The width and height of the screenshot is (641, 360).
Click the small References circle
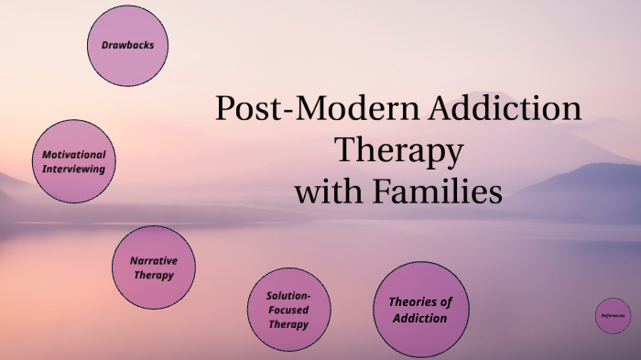[x=614, y=316]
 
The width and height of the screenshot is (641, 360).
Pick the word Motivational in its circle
[x=74, y=155]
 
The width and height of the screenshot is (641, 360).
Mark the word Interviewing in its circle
[x=74, y=169]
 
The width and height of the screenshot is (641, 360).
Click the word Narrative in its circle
[x=154, y=260]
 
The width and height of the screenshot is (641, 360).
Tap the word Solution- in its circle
[x=288, y=296]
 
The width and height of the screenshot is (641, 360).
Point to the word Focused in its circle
[x=288, y=310]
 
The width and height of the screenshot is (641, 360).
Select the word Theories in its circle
[x=420, y=302]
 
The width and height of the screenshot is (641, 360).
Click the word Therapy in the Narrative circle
[x=154, y=275]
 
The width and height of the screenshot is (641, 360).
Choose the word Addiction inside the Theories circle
[x=420, y=318]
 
